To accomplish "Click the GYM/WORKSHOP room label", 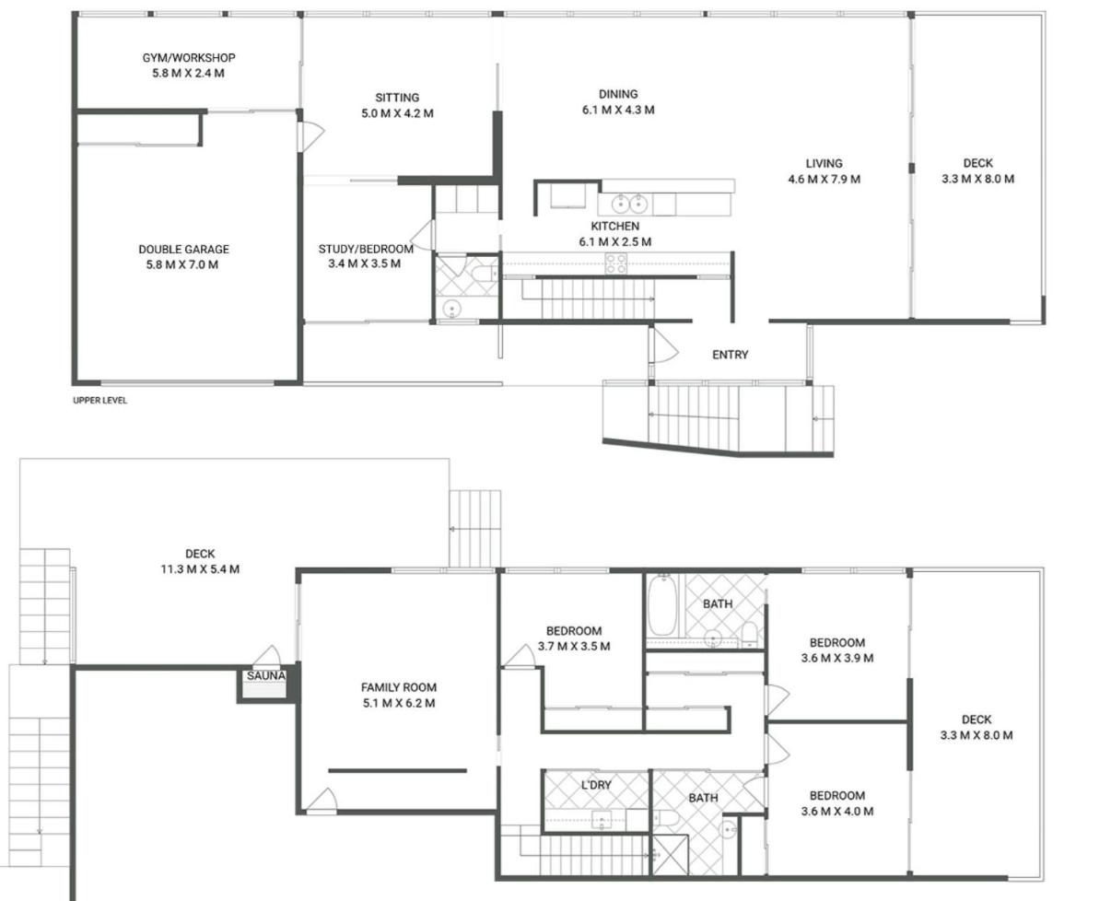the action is [188, 57].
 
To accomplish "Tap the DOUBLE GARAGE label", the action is [183, 249].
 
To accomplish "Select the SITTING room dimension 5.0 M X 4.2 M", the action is [397, 113].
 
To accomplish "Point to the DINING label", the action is [618, 94].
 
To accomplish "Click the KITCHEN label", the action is [615, 226].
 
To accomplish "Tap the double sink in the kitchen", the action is [629, 204].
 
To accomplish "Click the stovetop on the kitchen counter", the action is [615, 263].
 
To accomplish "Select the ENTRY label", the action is [731, 355].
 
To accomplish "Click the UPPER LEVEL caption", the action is [99, 400].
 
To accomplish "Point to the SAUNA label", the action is [266, 675].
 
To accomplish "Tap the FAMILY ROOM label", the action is [399, 687].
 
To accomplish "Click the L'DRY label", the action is [596, 785].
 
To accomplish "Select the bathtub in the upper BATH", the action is [662, 604].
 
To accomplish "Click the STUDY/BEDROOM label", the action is [366, 249].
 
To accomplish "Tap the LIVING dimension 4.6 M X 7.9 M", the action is [824, 179].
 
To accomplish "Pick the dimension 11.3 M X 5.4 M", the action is [200, 568].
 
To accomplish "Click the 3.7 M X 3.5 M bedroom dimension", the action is [574, 646].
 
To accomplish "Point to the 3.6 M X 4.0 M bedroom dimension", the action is [837, 811].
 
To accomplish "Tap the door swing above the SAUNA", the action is [266, 656].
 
